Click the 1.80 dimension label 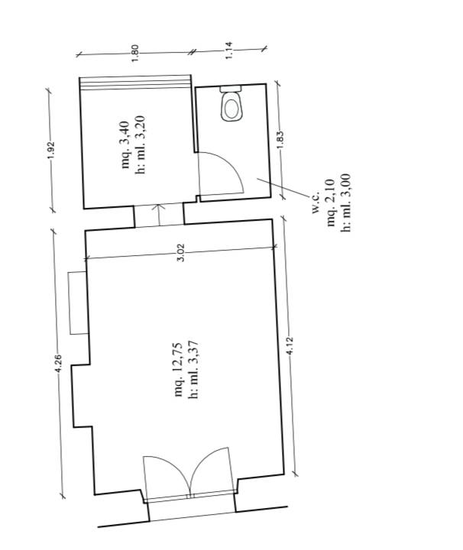[135, 53]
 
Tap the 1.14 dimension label [228, 50]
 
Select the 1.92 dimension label [51, 150]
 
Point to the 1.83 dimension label [280, 140]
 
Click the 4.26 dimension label [58, 364]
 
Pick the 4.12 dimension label [290, 346]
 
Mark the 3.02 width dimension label [180, 253]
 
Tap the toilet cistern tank [231, 89]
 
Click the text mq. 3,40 [125, 145]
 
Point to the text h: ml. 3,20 [140, 144]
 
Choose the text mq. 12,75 [179, 370]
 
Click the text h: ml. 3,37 [193, 370]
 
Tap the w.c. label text [316, 202]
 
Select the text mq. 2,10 [331, 202]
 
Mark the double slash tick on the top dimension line [191, 52]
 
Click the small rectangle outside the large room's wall [78, 302]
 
